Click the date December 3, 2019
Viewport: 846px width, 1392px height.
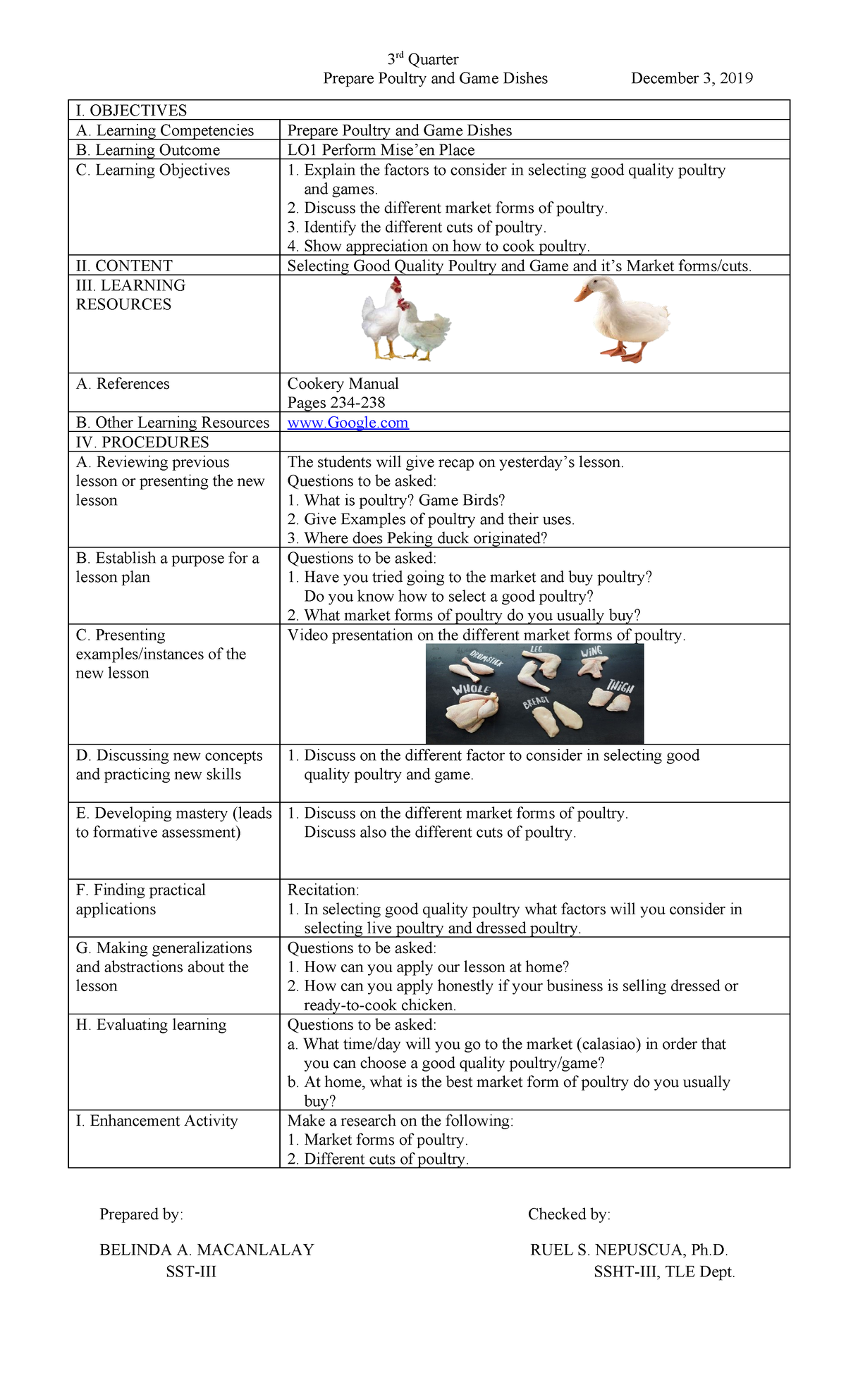point(692,78)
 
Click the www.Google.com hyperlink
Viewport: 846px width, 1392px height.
point(348,423)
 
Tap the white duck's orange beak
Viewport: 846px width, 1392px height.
point(582,292)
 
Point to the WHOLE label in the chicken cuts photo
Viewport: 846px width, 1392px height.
point(471,688)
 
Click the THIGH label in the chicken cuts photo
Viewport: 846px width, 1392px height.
point(620,685)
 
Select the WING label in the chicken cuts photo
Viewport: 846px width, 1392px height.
point(592,652)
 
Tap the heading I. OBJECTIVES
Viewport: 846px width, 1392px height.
point(131,111)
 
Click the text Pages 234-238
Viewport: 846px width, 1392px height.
point(336,403)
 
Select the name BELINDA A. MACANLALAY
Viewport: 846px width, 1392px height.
point(207,1250)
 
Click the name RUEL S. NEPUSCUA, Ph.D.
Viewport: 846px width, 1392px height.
point(629,1250)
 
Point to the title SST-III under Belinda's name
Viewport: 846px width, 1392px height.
point(191,1272)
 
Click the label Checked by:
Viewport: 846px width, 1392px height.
point(569,1214)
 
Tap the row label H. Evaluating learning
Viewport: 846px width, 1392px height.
point(151,1025)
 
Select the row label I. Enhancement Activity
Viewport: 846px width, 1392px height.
point(157,1121)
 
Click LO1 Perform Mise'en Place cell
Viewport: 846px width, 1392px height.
point(381,150)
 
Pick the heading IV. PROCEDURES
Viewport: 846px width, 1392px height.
point(142,442)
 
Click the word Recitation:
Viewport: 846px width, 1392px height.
point(323,890)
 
